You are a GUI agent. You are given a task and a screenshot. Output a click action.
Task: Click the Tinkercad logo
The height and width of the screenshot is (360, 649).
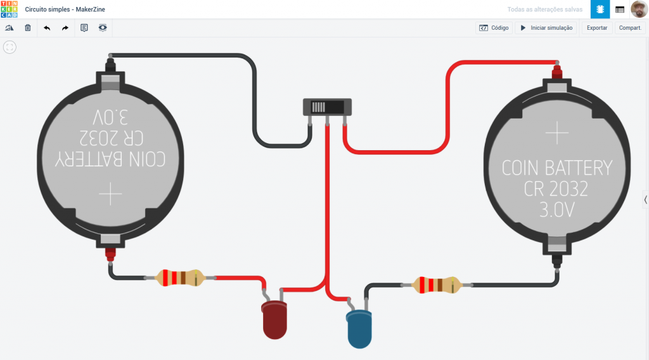(9, 10)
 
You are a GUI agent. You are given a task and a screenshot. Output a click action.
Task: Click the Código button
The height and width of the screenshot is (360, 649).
(494, 28)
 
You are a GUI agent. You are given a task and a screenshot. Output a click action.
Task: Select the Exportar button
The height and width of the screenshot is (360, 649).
(596, 28)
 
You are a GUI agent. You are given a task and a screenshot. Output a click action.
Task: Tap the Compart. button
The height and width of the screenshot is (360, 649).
(630, 28)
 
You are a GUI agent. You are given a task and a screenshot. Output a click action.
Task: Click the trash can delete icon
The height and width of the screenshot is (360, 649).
(28, 28)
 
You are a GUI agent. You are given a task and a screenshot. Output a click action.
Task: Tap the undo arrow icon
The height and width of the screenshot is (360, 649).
(47, 28)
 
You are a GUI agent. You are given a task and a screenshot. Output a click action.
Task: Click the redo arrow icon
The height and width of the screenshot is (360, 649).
(65, 28)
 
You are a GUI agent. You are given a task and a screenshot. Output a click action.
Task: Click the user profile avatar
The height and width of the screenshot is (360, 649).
(639, 10)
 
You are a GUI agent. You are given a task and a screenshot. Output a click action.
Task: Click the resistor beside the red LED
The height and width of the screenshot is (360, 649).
(181, 278)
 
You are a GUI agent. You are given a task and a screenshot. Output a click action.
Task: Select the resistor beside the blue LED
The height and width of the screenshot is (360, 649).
(437, 285)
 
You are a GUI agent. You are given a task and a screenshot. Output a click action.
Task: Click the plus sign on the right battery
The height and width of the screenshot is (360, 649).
(557, 133)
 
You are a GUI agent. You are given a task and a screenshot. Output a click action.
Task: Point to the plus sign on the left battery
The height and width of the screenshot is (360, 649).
(110, 193)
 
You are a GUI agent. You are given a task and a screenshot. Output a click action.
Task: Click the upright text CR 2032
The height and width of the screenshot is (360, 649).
(556, 189)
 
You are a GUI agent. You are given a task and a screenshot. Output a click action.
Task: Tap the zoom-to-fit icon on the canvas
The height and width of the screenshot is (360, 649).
(10, 47)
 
